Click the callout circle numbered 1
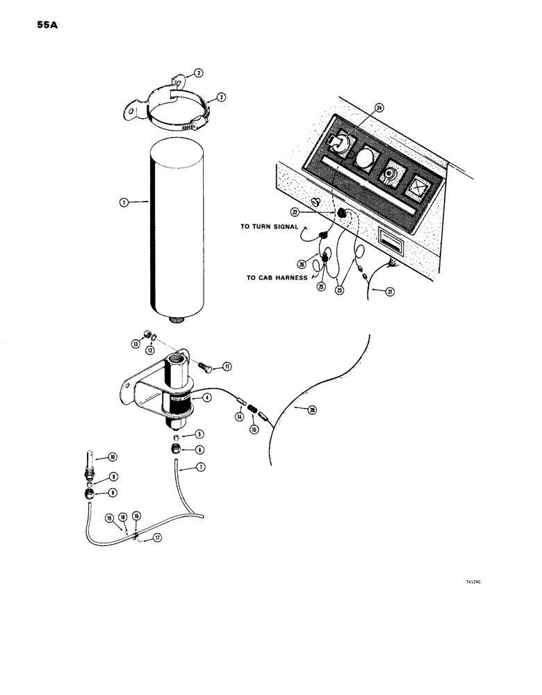click(x=122, y=203)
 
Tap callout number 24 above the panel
click(x=379, y=108)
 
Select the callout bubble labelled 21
click(x=391, y=292)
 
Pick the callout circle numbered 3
click(x=220, y=98)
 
